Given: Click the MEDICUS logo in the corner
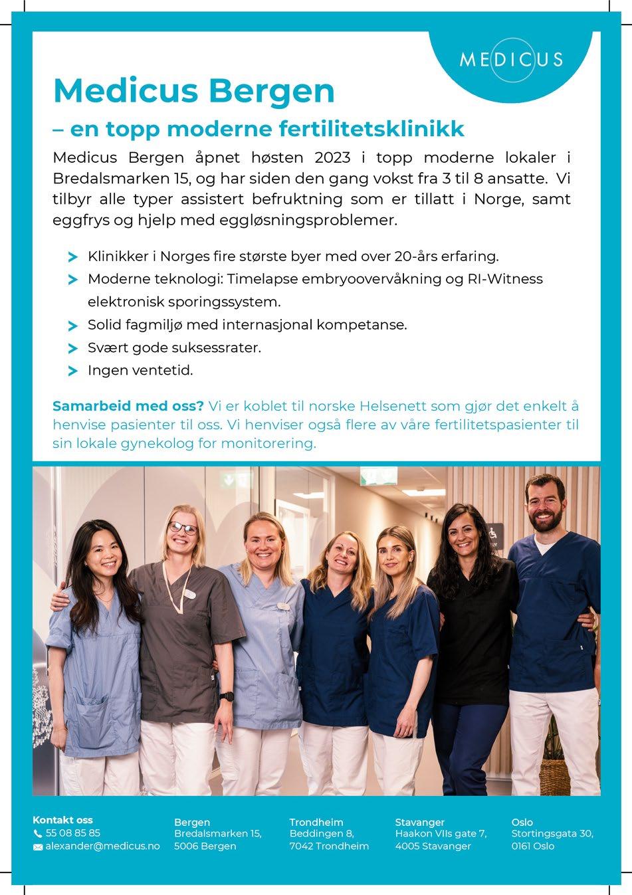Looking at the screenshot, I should coord(511,59).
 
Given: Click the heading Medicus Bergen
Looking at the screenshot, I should coord(193,90).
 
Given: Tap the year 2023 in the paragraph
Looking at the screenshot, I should coord(332,158).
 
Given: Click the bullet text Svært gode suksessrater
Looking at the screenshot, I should coord(174,348).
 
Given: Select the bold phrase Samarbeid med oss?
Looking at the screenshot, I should coord(128,406).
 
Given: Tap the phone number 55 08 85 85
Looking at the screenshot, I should coord(73,833).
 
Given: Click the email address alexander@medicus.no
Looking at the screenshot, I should coord(102,846).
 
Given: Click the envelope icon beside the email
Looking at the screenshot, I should coord(38,846).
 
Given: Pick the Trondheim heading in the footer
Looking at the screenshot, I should coord(316,822).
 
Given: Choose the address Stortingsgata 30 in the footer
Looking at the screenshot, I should coord(552,833).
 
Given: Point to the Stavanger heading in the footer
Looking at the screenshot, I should coord(419,822).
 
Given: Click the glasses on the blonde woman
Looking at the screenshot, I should coord(183,529).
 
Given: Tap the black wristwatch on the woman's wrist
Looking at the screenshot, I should coord(227,696).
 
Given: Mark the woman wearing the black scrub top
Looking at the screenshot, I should coord(473,625).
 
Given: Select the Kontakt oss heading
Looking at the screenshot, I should coord(62,820).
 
